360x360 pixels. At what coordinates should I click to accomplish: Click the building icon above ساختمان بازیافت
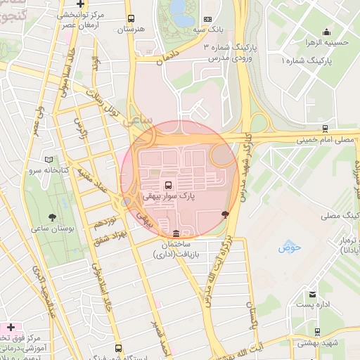pos(175,233)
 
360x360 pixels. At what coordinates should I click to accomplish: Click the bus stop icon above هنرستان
pos(131,20)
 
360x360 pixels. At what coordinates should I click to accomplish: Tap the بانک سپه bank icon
pos(207,20)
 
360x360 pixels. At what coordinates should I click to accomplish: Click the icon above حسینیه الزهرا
pos(326,32)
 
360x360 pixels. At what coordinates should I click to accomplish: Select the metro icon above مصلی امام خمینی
pos(324,128)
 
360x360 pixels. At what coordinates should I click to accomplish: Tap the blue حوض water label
pos(289,247)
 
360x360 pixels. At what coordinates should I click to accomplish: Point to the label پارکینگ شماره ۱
pos(306,62)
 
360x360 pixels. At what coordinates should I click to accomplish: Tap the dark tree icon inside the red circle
pos(225,213)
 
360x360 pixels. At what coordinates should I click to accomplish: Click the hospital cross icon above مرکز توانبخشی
pos(81,4)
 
